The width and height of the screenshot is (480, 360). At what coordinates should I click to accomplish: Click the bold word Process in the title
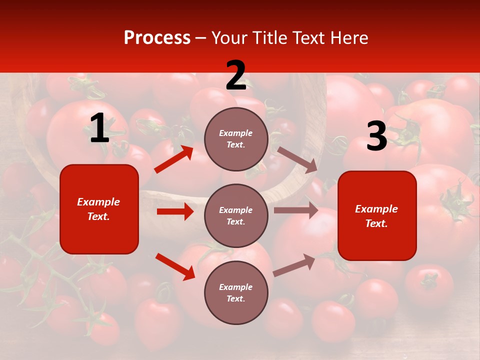[157, 38]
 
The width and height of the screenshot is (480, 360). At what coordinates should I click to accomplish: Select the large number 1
[99, 128]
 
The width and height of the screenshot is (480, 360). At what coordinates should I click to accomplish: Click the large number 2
[236, 75]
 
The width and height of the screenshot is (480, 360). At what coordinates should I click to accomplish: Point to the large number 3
[376, 136]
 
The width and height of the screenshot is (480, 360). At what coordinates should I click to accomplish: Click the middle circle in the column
[236, 215]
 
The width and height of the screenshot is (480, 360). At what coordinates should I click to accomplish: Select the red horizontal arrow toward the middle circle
[175, 211]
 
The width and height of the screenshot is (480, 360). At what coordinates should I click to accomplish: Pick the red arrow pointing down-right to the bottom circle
[175, 266]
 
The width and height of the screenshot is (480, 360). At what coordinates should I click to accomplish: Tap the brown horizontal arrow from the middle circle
[296, 210]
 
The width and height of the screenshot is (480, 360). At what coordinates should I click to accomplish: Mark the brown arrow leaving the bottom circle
[294, 265]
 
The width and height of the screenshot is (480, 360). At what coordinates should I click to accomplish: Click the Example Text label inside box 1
[98, 209]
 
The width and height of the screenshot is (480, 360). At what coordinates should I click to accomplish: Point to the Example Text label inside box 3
[376, 216]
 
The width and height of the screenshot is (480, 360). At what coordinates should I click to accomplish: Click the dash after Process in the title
[201, 38]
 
